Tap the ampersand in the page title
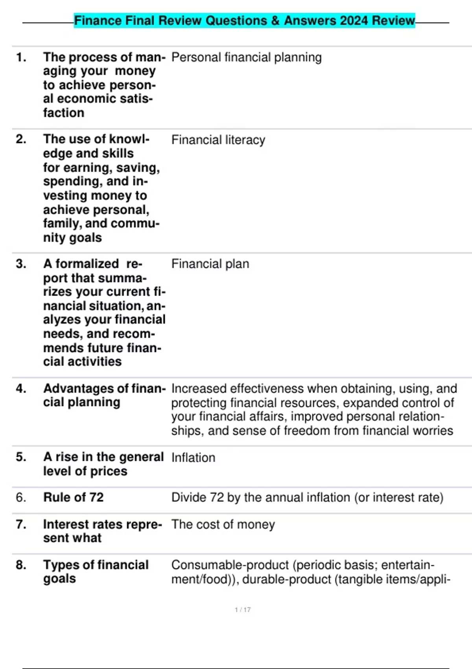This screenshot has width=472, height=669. [275, 20]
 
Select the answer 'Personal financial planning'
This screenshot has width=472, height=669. [246, 57]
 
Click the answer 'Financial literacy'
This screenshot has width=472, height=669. [218, 140]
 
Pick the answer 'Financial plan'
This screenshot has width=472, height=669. [210, 264]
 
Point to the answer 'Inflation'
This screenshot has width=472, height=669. [193, 458]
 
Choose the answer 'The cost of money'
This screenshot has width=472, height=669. [223, 525]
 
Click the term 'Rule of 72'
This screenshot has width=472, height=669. [73, 497]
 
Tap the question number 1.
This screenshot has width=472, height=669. [21, 57]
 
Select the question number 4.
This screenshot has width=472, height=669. [21, 389]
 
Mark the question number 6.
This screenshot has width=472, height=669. [21, 497]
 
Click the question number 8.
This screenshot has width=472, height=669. [21, 565]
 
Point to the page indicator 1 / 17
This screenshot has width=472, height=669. [243, 610]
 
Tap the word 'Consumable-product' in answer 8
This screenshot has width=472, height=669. [230, 565]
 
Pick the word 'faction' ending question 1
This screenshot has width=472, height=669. [64, 113]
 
